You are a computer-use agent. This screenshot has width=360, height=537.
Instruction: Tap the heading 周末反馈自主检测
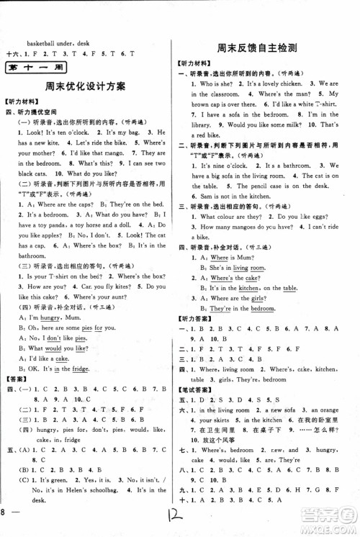(260, 49)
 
